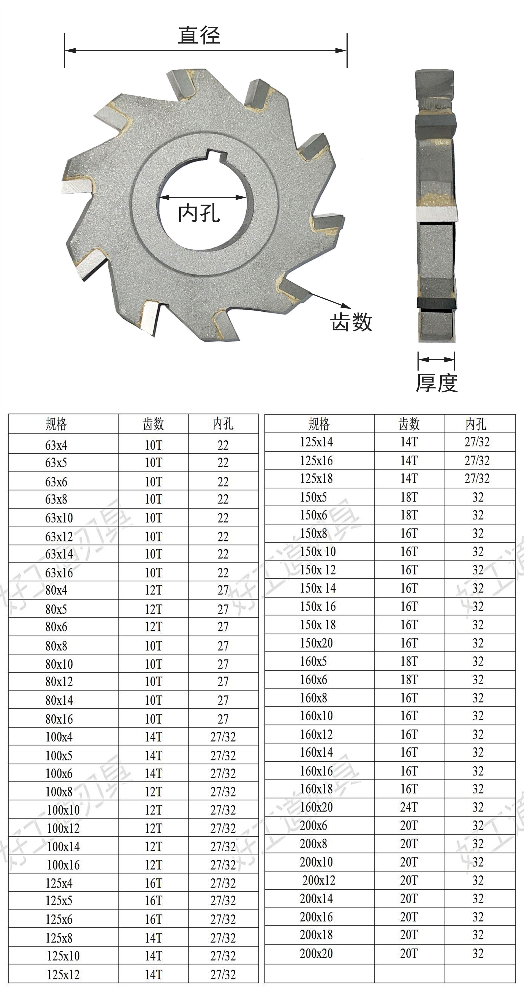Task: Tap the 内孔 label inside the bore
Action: (x=199, y=213)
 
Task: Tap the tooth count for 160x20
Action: (x=409, y=807)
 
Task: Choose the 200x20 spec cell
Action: (x=316, y=953)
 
